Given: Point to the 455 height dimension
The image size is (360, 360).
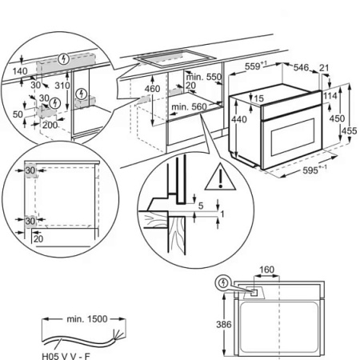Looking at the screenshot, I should click(x=349, y=130).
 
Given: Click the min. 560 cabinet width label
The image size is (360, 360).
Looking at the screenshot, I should click(x=190, y=106).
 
